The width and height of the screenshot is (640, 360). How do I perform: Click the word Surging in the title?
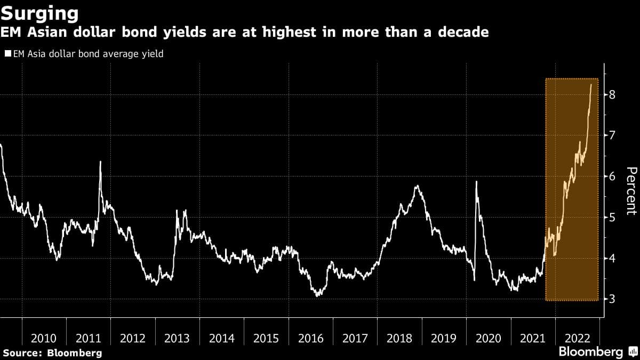[x=41, y=12]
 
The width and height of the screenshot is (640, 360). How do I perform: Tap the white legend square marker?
[x=7, y=54]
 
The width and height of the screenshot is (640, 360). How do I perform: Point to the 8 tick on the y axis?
[x=613, y=95]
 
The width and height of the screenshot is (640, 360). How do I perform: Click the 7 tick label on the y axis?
[x=613, y=135]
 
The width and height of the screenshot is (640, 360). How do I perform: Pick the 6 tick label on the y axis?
[x=613, y=177]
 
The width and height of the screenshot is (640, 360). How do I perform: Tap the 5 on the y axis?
[x=613, y=218]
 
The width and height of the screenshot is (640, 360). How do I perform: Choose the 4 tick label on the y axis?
[x=613, y=258]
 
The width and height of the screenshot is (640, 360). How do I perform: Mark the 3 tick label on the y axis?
[x=613, y=299]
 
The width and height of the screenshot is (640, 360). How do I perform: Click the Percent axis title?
[x=631, y=190]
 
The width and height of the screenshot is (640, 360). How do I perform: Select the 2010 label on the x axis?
[x=44, y=338]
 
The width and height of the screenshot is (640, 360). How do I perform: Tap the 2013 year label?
[x=178, y=338]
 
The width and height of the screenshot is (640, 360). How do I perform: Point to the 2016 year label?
[x=311, y=338]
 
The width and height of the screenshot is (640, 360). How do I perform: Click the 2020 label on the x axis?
[x=489, y=338]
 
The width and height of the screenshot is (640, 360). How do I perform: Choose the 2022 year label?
[x=577, y=338]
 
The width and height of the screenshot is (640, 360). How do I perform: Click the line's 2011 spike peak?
[x=100, y=162]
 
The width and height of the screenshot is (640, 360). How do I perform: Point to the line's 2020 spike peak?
[x=476, y=182]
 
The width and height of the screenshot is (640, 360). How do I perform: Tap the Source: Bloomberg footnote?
[x=52, y=353]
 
